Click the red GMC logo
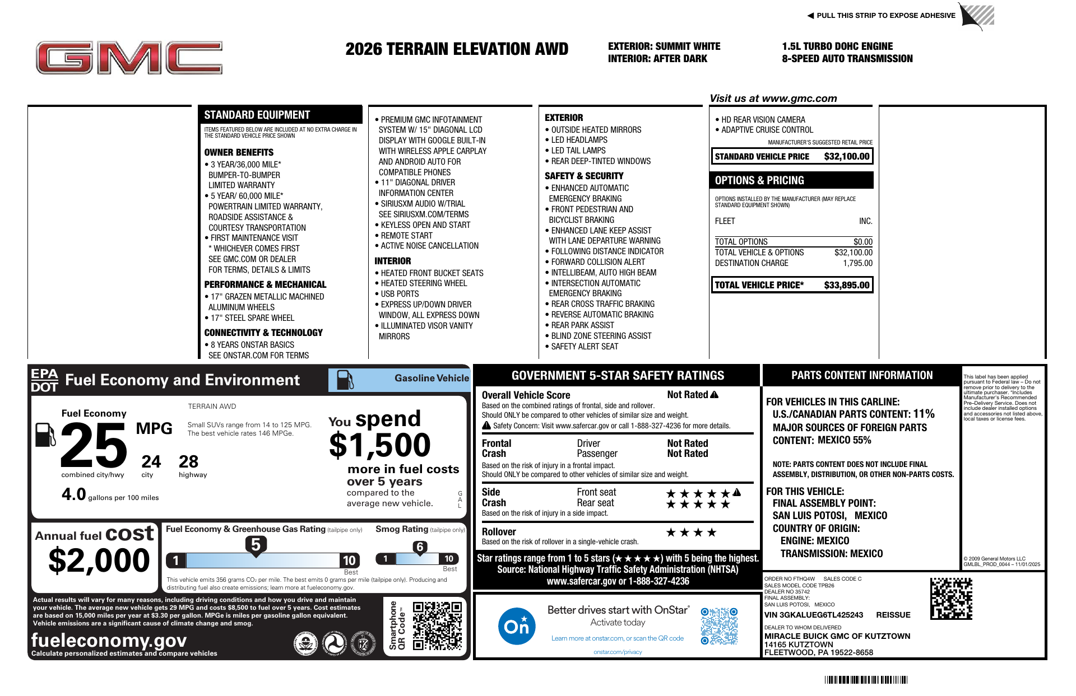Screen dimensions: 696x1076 tap(129, 58)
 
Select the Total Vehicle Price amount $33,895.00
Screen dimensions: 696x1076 tap(846, 285)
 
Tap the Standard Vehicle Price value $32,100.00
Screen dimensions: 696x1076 tap(846, 157)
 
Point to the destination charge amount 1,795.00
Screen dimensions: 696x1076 tap(857, 263)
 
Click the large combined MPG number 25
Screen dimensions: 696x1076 tap(94, 445)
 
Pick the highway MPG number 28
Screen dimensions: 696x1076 tap(188, 462)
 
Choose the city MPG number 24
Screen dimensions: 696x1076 tap(151, 462)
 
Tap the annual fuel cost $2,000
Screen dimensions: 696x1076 tap(99, 560)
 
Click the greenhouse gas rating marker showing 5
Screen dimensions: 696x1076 tap(256, 545)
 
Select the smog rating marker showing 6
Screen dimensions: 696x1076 tap(420, 547)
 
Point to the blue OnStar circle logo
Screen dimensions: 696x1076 tap(516, 626)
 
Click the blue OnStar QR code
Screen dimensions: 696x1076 tap(719, 626)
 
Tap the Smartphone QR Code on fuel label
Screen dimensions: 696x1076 tap(437, 625)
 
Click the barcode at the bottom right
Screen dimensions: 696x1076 tap(866, 680)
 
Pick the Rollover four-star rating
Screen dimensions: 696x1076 tap(691, 532)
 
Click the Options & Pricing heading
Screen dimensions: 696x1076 tap(759, 180)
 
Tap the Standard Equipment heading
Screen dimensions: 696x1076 tap(257, 115)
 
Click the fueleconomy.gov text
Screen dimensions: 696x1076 tap(109, 640)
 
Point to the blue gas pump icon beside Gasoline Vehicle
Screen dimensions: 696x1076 tap(345, 380)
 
